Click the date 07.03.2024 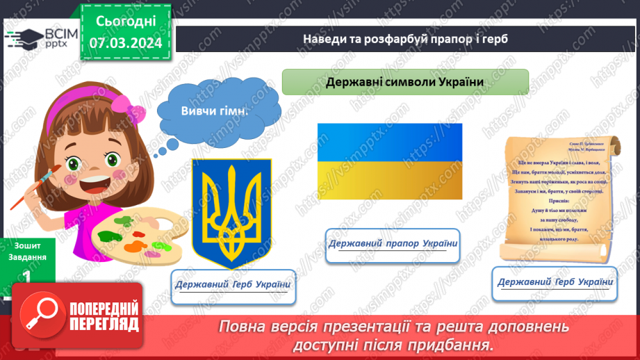(125, 42)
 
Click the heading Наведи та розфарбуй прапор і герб (406, 38)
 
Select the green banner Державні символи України (405, 82)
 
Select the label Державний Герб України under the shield (233, 285)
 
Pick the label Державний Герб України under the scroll (555, 282)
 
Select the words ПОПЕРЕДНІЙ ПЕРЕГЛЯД (104, 317)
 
